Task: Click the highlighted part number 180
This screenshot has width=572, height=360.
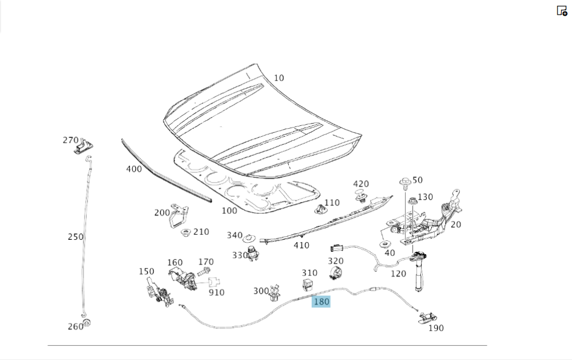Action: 321,301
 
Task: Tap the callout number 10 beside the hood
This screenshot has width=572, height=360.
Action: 279,78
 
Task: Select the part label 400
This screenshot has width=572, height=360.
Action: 134,169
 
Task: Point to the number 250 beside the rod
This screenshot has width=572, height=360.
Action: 76,236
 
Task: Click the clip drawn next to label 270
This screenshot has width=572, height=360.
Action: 85,147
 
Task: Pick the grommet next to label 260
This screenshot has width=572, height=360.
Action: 86,323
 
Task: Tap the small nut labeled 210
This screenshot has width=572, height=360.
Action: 186,233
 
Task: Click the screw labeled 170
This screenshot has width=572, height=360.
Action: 204,271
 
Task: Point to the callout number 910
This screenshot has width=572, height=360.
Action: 216,292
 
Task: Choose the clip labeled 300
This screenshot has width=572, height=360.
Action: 275,292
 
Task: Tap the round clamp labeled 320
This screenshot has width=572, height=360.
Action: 336,273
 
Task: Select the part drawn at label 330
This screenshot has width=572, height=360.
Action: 252,254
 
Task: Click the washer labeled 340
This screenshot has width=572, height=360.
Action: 249,238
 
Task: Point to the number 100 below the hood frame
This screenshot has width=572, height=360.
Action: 229,211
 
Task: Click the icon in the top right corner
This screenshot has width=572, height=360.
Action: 562,10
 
